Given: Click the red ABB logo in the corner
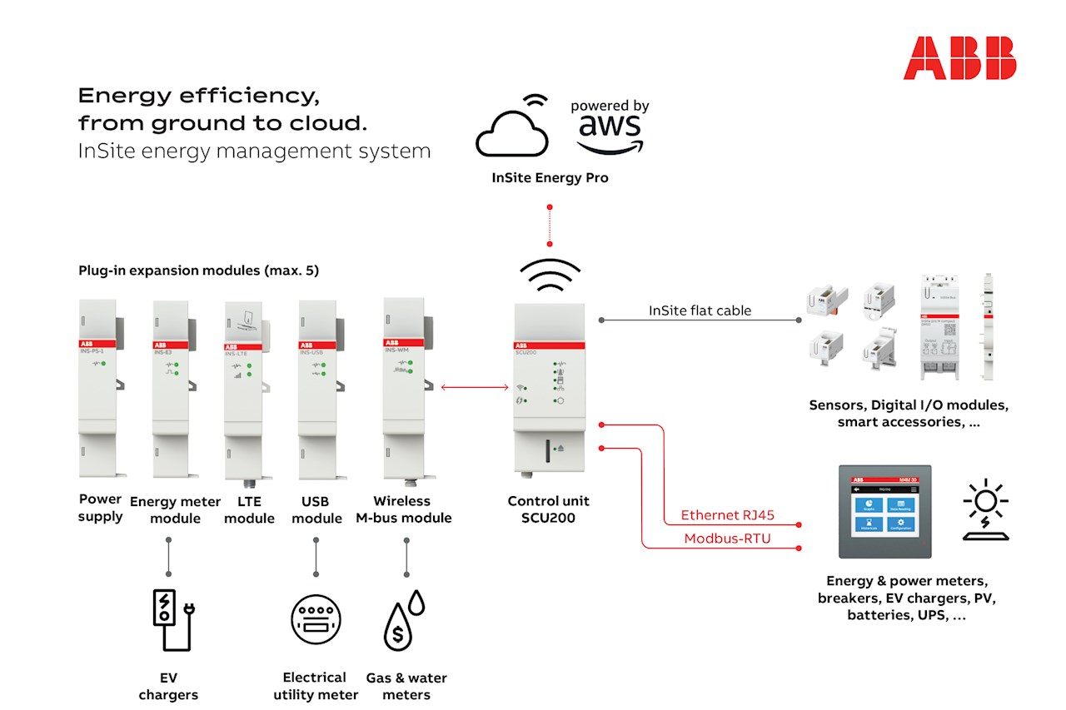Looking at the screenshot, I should click(x=959, y=57).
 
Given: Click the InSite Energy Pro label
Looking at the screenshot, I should click(x=550, y=178).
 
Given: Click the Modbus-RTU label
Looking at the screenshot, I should click(x=727, y=539).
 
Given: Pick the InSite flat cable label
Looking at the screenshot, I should click(x=700, y=310).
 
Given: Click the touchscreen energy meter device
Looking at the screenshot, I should click(x=884, y=511).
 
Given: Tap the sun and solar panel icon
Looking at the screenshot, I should click(x=985, y=509).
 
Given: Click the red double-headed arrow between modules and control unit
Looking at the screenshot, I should click(x=475, y=387).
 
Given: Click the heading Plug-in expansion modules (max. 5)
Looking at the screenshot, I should click(x=198, y=271).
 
